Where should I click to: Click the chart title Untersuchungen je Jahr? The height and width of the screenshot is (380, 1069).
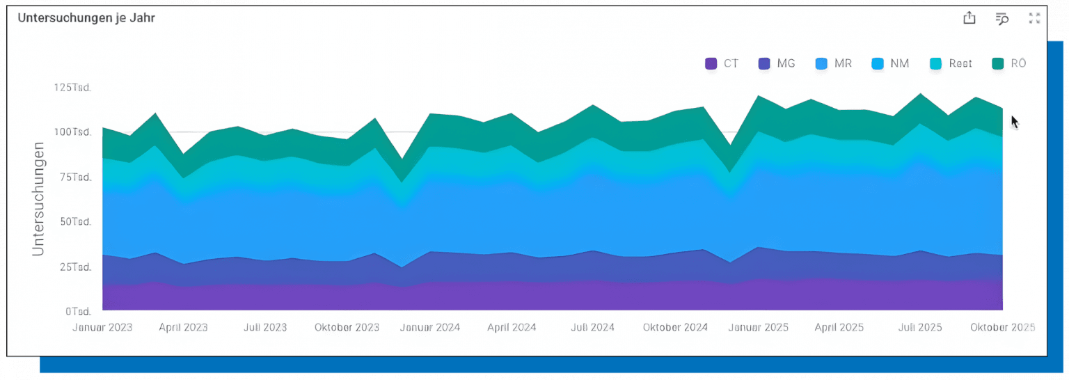pos(86,18)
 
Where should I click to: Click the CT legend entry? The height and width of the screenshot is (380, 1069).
pos(722,63)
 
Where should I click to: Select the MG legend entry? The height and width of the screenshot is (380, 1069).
pos(776,63)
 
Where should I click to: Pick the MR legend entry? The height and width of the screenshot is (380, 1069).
pos(833,63)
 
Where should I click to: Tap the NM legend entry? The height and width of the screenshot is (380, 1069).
pos(890,63)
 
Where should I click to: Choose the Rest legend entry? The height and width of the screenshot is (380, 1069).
pos(951,63)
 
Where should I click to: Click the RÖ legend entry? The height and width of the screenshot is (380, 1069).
pos(1009,63)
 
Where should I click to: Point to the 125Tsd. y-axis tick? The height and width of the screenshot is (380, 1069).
pos(72,88)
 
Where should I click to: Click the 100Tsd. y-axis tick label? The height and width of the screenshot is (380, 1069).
pos(72,132)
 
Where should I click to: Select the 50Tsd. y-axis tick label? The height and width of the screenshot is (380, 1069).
pos(74,222)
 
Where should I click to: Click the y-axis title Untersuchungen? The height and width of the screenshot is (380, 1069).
pos(39,199)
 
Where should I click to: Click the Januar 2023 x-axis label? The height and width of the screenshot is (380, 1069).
pos(103,327)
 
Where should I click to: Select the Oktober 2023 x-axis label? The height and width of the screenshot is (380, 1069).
pos(347,327)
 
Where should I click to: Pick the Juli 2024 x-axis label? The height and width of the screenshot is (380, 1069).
pos(592,327)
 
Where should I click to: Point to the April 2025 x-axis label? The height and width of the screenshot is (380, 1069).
pos(839,327)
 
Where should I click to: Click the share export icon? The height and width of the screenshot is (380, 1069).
pos(969,19)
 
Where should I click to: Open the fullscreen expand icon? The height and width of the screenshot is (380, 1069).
pos(1034,19)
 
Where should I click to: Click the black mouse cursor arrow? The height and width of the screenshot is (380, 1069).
pos(1014,122)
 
